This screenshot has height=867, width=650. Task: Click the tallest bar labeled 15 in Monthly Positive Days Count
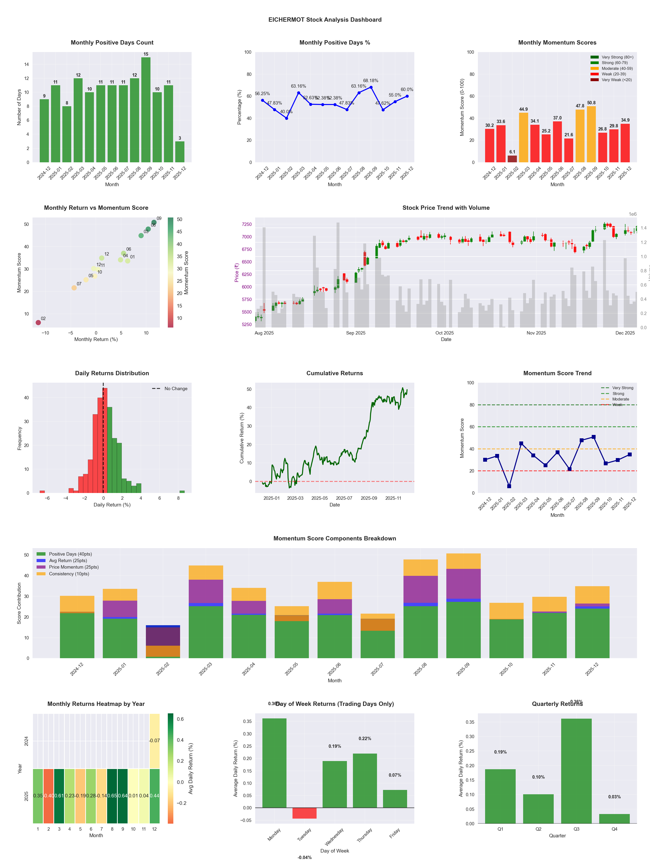(146, 110)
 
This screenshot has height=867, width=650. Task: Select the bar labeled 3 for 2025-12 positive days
(180, 152)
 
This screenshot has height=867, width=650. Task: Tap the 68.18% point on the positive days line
(371, 87)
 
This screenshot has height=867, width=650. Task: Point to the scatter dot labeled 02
(38, 322)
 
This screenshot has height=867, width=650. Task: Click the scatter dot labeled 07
(74, 288)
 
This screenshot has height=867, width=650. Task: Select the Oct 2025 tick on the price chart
(444, 333)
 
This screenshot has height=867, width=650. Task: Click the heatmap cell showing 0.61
(59, 796)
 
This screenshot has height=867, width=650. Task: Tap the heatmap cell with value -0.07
(154, 741)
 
